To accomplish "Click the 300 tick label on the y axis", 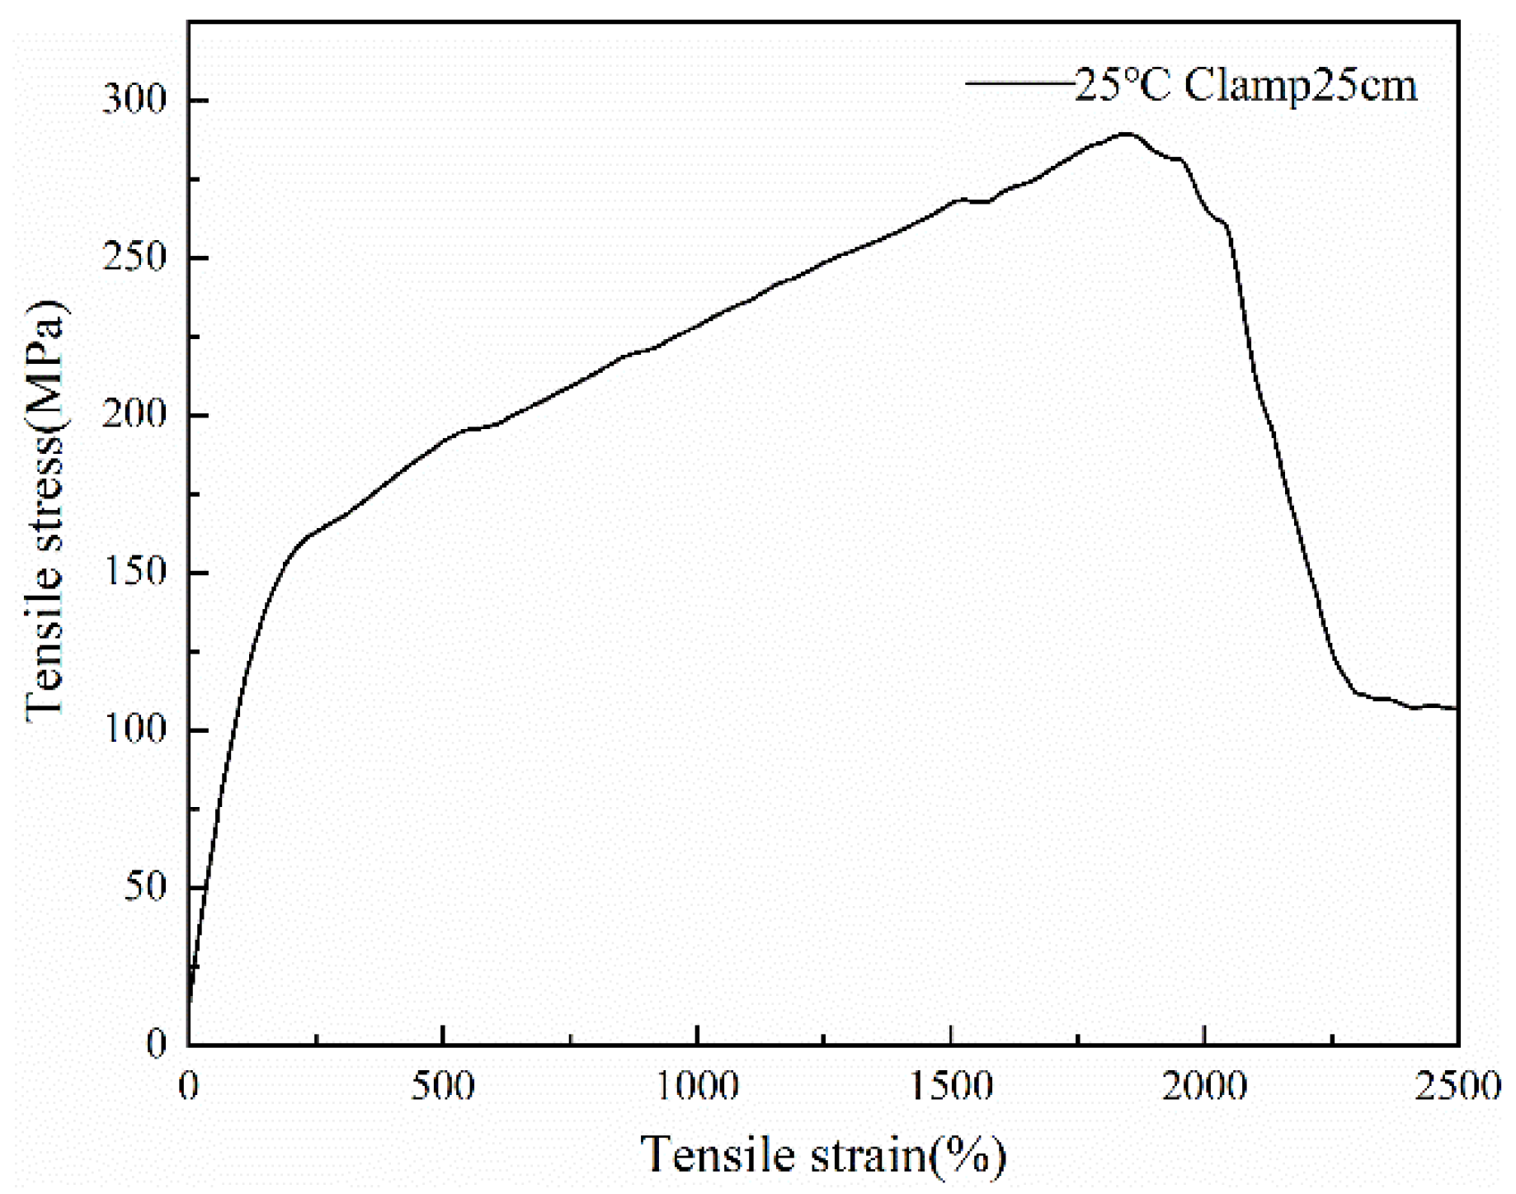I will click(x=134, y=100).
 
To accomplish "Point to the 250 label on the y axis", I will click(x=134, y=257).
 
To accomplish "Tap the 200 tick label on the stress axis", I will click(x=134, y=415).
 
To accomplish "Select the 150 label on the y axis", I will click(x=134, y=573).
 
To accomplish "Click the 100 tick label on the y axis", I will click(x=134, y=730).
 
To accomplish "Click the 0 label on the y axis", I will click(x=157, y=1045).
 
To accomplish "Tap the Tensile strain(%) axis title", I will click(x=823, y=1154).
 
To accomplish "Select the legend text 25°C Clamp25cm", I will click(x=1245, y=85).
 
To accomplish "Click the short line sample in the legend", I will click(x=1019, y=83).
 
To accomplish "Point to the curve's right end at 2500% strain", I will click(x=1457, y=708).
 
